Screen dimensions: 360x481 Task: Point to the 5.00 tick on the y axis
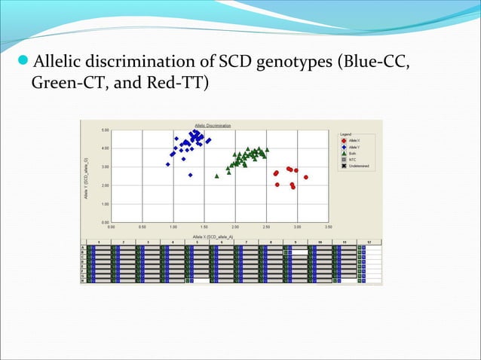point(106,130)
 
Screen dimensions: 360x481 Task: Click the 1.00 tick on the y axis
point(106,204)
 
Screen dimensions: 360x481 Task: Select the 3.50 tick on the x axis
point(328,226)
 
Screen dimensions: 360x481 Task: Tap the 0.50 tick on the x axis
point(142,226)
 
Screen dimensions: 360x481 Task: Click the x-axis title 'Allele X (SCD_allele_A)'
point(213,236)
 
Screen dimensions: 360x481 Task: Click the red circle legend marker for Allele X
point(345,141)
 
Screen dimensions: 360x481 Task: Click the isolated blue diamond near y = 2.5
point(190,175)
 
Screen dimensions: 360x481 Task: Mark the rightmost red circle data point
point(306,178)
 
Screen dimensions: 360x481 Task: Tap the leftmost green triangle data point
point(217,175)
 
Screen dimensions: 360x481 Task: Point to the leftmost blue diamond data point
point(168,164)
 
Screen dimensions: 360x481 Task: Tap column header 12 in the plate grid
point(369,243)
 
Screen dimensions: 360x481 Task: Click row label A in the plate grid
point(83,246)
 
